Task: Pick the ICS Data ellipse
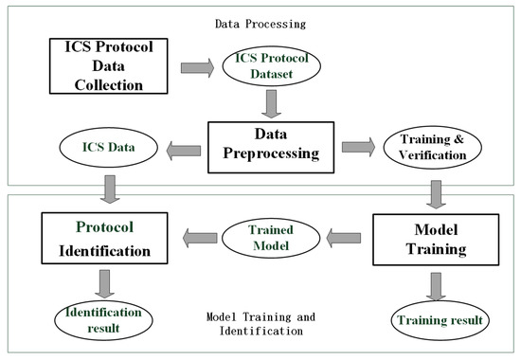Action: [x=108, y=147]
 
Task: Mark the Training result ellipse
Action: [x=439, y=320]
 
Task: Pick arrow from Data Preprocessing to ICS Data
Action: [x=182, y=148]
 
